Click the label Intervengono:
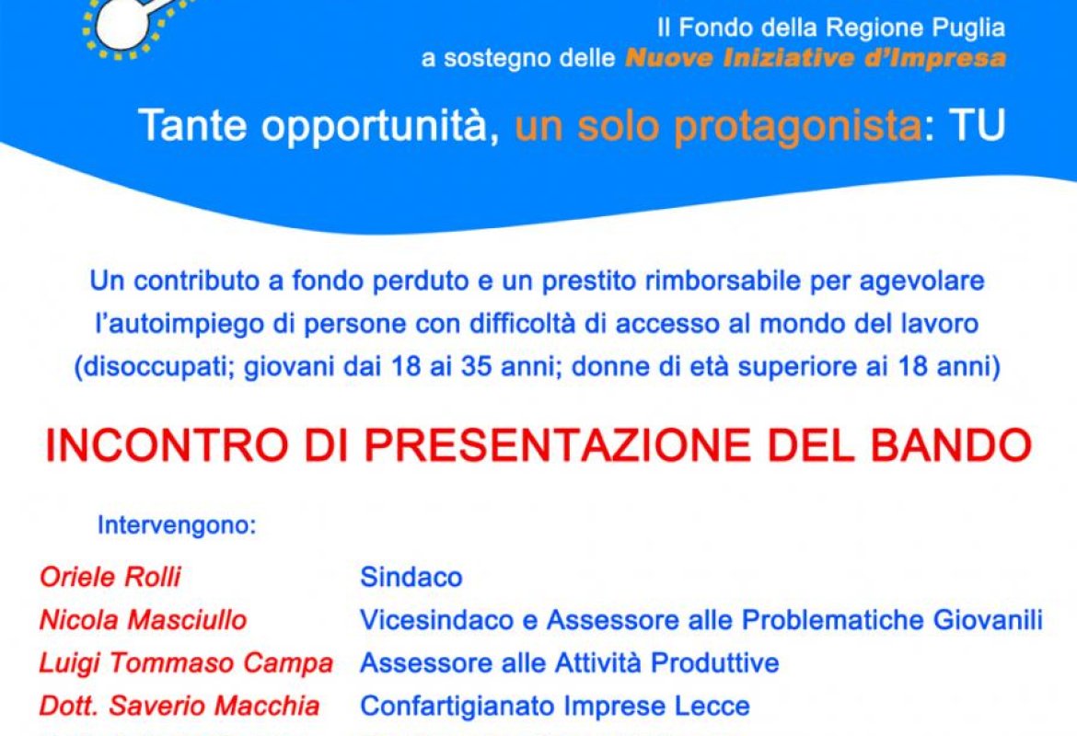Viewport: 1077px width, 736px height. click(x=177, y=526)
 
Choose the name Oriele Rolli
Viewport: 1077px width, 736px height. click(x=110, y=577)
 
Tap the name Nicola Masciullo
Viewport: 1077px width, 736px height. click(x=143, y=620)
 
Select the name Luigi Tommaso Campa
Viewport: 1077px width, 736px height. click(x=186, y=662)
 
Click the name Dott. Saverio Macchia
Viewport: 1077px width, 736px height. click(x=179, y=706)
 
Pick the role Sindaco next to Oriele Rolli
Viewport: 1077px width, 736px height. click(x=411, y=577)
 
